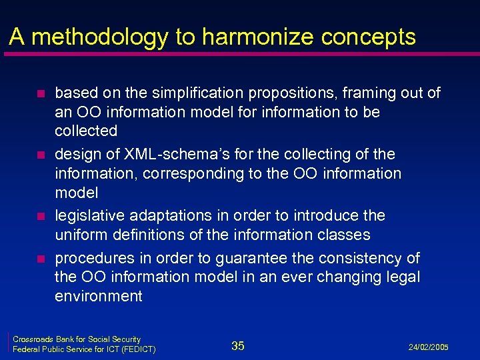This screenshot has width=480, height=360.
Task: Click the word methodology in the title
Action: coord(98,37)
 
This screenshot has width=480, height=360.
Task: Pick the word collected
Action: coord(86,131)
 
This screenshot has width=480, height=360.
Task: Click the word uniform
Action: coord(78,235)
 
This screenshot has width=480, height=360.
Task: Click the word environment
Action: coord(98,296)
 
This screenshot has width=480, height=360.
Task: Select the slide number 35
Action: coord(238,345)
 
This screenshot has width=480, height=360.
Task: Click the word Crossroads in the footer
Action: coord(33,340)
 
